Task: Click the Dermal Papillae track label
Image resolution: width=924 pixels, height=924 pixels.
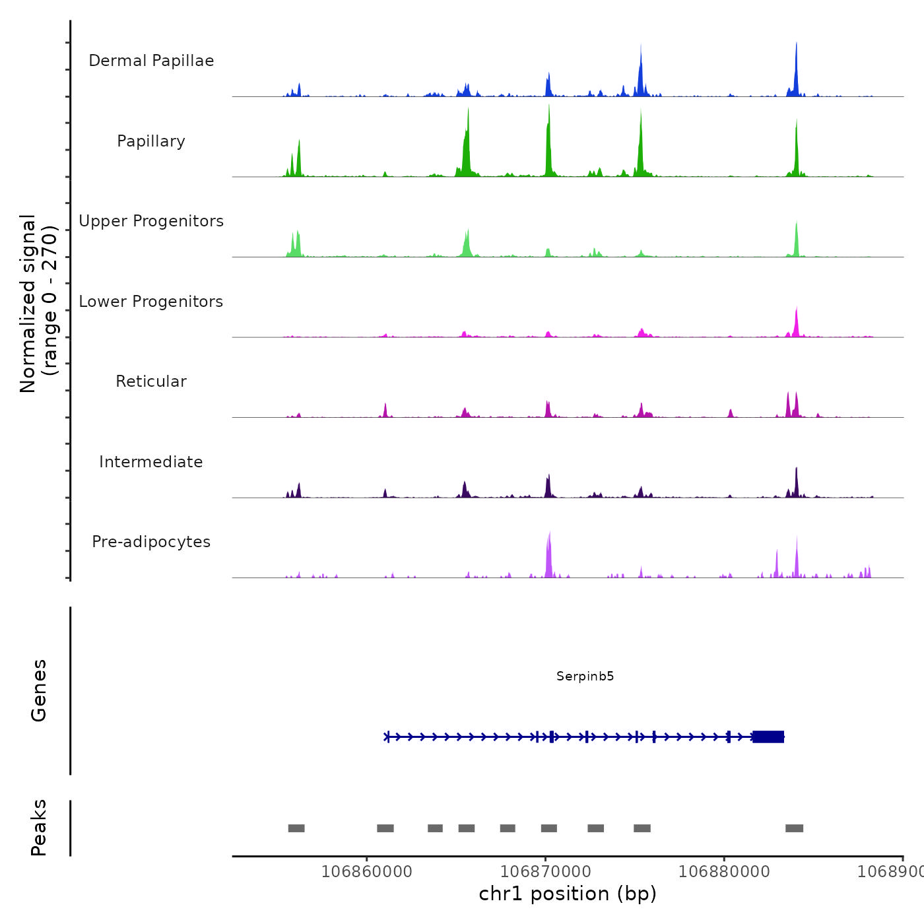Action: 151,61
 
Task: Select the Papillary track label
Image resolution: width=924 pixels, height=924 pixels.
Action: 151,141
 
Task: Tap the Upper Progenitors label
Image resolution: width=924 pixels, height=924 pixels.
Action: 151,221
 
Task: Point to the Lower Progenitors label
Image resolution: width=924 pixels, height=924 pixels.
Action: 151,302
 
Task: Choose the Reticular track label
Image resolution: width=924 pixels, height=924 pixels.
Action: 151,381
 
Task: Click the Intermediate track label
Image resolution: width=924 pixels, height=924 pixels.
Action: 151,462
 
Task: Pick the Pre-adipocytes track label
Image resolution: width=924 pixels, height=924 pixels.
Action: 151,542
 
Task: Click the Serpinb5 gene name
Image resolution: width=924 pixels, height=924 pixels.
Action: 585,676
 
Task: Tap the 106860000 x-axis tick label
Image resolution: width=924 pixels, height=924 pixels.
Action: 367,871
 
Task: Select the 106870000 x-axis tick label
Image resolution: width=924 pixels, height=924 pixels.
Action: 546,871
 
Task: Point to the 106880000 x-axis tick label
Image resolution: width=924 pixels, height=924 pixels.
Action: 724,871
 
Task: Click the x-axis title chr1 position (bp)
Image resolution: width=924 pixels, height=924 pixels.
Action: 568,894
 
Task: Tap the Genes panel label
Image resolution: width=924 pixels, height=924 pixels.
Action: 39,690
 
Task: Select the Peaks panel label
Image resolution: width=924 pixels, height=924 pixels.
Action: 39,828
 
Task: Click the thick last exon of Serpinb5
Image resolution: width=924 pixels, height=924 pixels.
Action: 768,737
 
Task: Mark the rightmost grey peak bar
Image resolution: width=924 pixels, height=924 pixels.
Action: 794,828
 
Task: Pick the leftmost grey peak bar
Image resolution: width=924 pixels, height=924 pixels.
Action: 296,828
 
